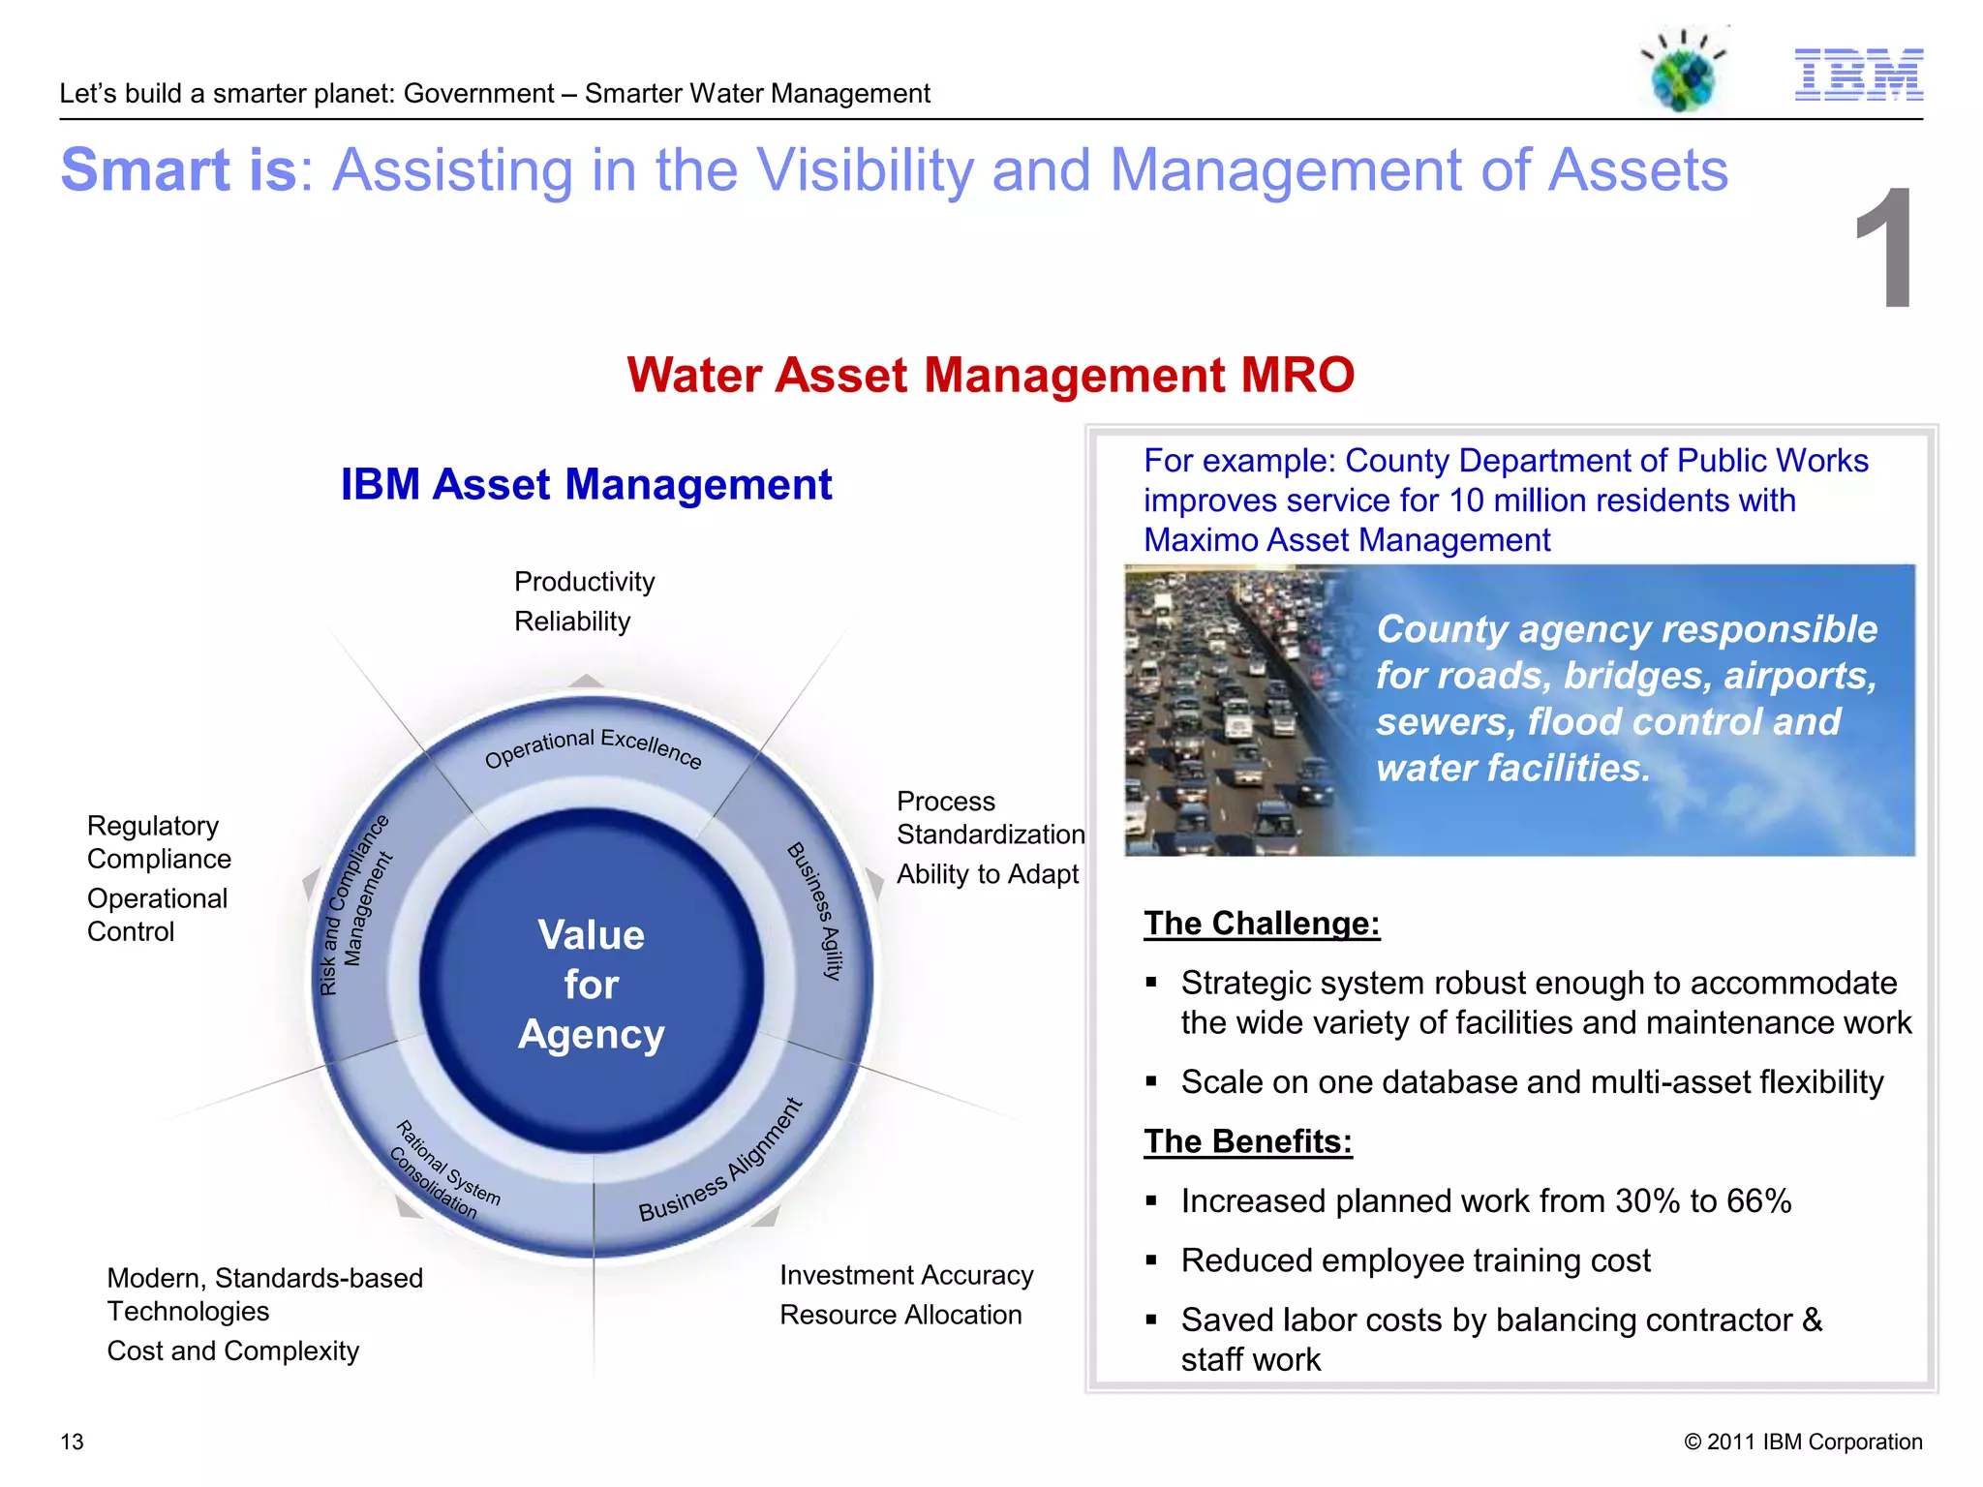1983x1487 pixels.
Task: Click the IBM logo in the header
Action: pos(1858,75)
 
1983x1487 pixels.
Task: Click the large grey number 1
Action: pos(1884,250)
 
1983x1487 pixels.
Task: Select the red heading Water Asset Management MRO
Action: pos(990,375)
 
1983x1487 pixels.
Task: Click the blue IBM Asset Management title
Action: pos(586,484)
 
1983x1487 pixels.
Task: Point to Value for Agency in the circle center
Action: pos(592,985)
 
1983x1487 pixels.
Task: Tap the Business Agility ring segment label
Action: pos(815,910)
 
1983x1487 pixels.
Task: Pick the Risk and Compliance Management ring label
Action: pos(354,906)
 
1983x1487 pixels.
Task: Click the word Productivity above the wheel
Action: pos(584,582)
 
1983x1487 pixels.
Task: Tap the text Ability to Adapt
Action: pos(987,874)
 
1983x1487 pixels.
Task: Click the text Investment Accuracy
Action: pos(906,1275)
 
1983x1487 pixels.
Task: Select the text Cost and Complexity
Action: pos(232,1350)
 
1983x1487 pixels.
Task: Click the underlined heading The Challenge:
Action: pos(1261,924)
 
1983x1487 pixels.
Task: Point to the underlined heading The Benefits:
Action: pos(1247,1141)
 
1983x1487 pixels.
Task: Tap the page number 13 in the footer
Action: pos(72,1441)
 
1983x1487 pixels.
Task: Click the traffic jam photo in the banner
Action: pos(1230,712)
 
